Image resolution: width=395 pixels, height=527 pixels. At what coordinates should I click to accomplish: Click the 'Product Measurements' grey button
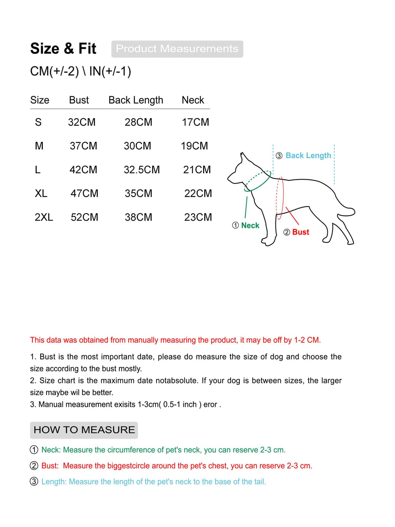click(x=177, y=49)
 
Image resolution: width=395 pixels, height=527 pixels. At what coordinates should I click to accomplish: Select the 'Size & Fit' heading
click(x=63, y=48)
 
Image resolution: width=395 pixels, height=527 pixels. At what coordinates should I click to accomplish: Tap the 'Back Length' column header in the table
click(x=136, y=100)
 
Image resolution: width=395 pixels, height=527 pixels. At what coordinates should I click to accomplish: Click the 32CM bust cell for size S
click(x=82, y=122)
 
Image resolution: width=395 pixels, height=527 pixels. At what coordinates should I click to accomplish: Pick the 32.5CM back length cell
click(x=141, y=170)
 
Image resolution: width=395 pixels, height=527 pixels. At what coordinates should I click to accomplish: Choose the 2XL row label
click(x=44, y=217)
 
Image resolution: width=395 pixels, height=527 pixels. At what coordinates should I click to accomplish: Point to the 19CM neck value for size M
click(x=194, y=146)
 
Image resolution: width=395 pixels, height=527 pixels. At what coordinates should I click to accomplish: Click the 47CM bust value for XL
click(x=84, y=193)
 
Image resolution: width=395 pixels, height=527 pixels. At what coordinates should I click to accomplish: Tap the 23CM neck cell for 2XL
click(x=198, y=217)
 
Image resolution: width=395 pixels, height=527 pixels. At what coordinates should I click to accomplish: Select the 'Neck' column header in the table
click(x=193, y=100)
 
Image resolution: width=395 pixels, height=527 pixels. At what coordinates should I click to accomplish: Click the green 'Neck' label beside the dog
click(x=250, y=226)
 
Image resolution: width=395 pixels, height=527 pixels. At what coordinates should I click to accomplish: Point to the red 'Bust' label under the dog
click(x=300, y=232)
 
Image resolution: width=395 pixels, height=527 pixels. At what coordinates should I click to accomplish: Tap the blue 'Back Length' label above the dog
click(x=308, y=156)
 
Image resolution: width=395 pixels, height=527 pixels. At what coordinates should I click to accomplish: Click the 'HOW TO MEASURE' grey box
click(x=84, y=430)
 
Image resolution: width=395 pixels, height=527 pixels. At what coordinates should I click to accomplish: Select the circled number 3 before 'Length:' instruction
click(x=34, y=482)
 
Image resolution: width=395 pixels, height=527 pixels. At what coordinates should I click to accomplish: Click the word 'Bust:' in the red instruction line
click(x=50, y=466)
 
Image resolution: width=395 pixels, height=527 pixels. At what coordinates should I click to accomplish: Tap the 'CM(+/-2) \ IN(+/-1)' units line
click(x=80, y=71)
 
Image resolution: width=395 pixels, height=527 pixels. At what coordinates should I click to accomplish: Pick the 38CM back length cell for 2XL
click(x=138, y=217)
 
